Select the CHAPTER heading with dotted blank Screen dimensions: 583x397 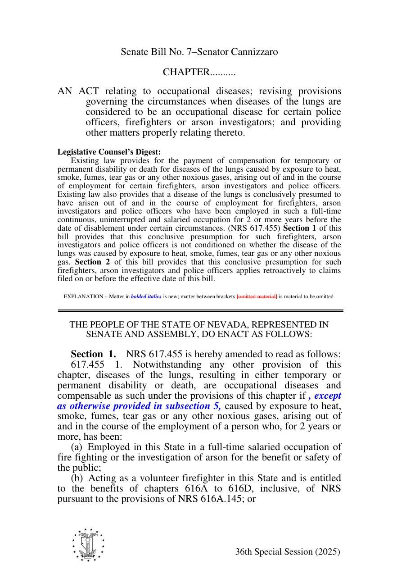tap(199, 72)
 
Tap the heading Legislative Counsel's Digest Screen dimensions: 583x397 tap(109, 152)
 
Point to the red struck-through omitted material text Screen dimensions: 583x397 tap(257, 296)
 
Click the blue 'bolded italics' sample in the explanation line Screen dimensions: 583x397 tap(146, 296)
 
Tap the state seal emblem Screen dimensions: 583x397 tap(88, 545)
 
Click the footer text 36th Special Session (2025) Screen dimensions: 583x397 tap(287, 552)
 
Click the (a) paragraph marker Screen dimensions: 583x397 tap(77, 447)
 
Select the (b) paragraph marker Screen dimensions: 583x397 tap(77, 478)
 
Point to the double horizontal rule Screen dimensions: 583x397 tap(200, 310)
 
